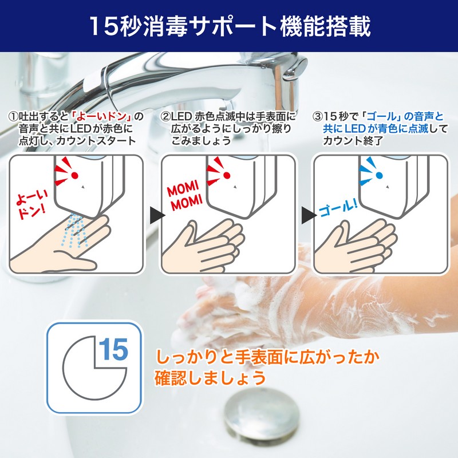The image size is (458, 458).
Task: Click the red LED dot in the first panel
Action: coord(75,175)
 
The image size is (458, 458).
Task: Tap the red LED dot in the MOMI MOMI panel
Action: coord(227,175)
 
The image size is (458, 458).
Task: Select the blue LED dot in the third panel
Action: coord(379,175)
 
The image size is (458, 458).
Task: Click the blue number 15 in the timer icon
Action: coord(113,349)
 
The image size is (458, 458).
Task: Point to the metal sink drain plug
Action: coord(261,413)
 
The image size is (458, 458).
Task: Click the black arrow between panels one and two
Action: coord(157,215)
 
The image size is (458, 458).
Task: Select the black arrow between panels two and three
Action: coord(309,215)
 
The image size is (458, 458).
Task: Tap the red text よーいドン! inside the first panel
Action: coord(31,206)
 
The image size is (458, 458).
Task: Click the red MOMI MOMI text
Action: coord(184,195)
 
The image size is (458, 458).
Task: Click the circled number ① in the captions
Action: coord(14,117)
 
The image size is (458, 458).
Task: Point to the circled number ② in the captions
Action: coord(165,117)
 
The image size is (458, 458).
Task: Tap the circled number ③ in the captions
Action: coord(317,117)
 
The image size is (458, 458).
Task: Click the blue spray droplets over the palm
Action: coord(74,230)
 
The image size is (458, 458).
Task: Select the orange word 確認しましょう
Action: coord(210,377)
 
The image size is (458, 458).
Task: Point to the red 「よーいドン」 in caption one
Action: coord(102,117)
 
